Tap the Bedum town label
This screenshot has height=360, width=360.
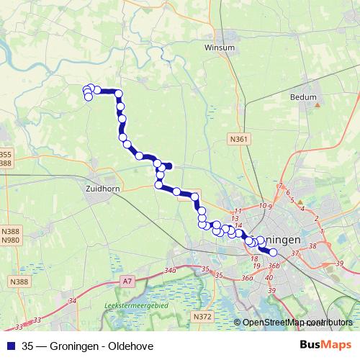tap(303, 95)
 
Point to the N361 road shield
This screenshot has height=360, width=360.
tap(240, 139)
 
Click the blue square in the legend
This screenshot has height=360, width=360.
tap(10, 346)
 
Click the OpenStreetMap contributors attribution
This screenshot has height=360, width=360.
tap(297, 323)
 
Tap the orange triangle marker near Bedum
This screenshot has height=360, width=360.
tap(317, 105)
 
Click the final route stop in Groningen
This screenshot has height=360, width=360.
tap(273, 251)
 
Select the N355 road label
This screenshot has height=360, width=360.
tap(6, 155)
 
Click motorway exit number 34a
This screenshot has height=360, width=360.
tap(170, 270)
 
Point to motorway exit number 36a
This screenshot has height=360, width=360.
tap(247, 279)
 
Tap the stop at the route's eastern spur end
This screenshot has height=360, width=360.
tap(168, 166)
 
